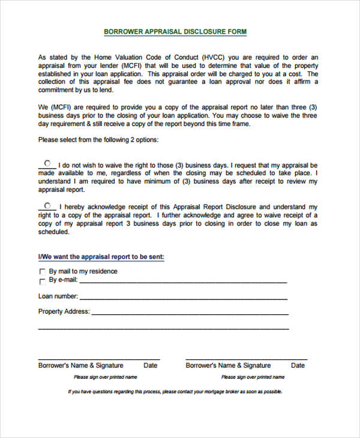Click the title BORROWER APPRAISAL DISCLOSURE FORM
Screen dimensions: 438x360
click(175, 31)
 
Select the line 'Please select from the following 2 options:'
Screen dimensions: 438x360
click(98, 140)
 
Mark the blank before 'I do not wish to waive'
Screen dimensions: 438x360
click(49, 163)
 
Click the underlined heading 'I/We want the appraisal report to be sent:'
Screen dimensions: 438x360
click(101, 257)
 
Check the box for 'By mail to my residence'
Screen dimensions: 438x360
click(42, 272)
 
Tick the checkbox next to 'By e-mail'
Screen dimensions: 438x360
click(42, 280)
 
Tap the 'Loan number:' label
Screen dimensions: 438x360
click(58, 296)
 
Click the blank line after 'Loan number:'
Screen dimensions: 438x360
click(184, 297)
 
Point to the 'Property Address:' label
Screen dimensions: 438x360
click(64, 311)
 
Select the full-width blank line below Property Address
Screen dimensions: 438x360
click(163, 328)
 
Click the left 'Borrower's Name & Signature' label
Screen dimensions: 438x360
click(81, 365)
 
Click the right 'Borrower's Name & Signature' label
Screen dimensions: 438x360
click(228, 365)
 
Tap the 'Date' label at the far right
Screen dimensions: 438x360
click(298, 365)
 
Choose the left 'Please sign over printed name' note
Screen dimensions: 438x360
click(106, 377)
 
